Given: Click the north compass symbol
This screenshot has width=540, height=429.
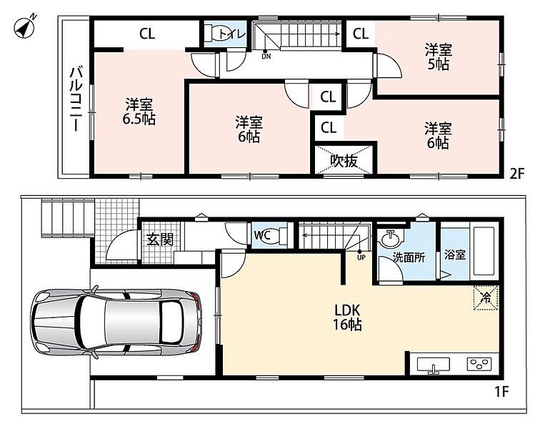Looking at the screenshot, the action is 24,27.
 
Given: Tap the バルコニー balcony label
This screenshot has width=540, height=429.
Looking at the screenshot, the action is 76,99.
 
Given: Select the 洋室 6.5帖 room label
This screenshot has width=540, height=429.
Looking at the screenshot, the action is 139,112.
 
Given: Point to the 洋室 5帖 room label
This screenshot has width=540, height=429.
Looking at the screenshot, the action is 438,57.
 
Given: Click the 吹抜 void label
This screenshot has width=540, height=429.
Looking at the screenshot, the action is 344,160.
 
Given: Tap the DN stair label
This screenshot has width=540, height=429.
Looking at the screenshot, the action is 266,56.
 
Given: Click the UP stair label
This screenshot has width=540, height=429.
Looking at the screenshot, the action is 361,257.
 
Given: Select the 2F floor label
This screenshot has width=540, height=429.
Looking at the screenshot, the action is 516,174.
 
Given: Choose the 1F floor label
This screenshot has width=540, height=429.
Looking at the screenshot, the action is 501,391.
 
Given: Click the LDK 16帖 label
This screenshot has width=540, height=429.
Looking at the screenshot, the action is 347,317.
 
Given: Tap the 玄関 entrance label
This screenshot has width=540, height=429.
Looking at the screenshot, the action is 160,240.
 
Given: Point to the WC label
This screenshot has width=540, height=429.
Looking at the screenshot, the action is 262,235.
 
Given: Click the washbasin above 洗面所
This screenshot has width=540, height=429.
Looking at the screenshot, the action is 391,238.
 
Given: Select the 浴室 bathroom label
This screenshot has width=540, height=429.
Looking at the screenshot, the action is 455,255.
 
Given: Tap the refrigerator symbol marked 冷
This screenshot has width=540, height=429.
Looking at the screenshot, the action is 486,297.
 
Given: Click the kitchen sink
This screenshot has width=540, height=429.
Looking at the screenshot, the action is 434,365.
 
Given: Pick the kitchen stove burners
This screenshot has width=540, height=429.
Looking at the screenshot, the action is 479,364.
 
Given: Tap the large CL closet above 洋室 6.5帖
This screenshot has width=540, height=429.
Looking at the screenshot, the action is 146,34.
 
